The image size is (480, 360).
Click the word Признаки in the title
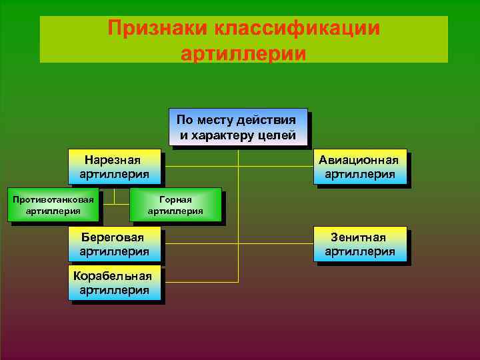point(157,29)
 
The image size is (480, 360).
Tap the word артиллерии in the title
point(243,53)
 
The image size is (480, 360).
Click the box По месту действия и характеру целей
point(237,127)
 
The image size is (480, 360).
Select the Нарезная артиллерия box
point(115,167)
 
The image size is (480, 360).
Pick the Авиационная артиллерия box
point(359,167)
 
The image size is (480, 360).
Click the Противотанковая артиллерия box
point(53,205)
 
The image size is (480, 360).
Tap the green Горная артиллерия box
point(175,205)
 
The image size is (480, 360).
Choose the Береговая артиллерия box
point(115,244)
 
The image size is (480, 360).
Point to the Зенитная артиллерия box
point(359,244)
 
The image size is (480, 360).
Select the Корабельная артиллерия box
point(115,283)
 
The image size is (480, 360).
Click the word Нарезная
point(113,160)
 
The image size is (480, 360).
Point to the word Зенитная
point(359,237)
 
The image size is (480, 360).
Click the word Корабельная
point(113,276)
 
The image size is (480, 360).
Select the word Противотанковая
point(53,199)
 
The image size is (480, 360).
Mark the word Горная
point(175,199)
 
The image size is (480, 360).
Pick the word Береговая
point(113,237)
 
